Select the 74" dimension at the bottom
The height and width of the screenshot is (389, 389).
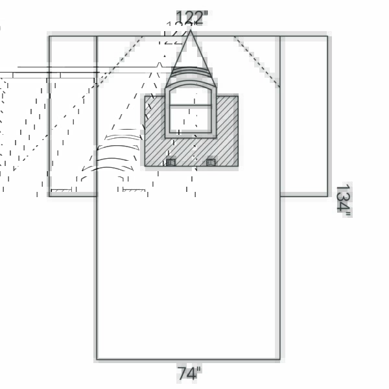click(189, 373)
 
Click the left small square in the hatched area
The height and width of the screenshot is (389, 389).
click(171, 162)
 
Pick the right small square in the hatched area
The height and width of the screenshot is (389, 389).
click(211, 162)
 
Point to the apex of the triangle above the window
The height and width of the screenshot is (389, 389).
click(191, 29)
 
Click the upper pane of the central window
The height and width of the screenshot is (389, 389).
click(191, 95)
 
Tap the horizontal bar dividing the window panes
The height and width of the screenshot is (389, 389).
click(191, 105)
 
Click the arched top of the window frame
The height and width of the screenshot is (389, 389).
click(191, 80)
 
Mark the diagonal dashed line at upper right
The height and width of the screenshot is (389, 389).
click(257, 62)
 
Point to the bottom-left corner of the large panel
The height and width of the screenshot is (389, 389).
click(97, 359)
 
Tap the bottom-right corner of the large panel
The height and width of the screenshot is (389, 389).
click(280, 359)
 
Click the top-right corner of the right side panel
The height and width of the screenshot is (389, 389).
click(327, 36)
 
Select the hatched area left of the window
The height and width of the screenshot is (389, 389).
click(154, 130)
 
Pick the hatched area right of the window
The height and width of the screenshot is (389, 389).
click(228, 130)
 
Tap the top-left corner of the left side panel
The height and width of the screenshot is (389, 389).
click(49, 36)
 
